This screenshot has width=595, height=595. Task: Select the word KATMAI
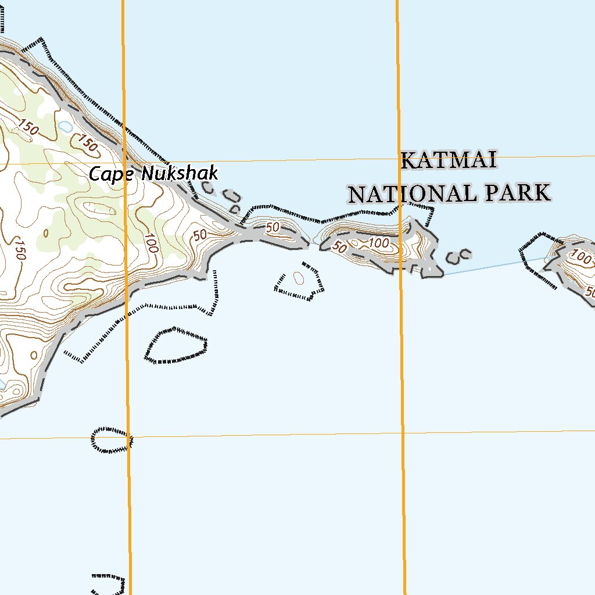tap(449, 160)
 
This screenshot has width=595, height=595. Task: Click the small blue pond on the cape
tap(64, 126)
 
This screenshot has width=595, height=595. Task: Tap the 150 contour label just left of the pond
tap(28, 126)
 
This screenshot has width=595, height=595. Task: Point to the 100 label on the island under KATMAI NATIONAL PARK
tap(379, 243)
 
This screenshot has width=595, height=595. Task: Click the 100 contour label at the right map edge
tap(580, 255)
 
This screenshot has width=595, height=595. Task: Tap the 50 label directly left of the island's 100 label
tap(340, 248)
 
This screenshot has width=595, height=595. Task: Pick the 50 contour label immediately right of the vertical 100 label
tap(200, 235)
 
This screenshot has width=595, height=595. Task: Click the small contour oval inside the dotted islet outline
tap(299, 278)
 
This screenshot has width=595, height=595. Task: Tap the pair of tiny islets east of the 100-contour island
tap(458, 255)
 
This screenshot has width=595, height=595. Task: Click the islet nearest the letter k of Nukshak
tap(207, 188)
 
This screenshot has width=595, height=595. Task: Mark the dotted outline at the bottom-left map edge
tap(109, 584)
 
